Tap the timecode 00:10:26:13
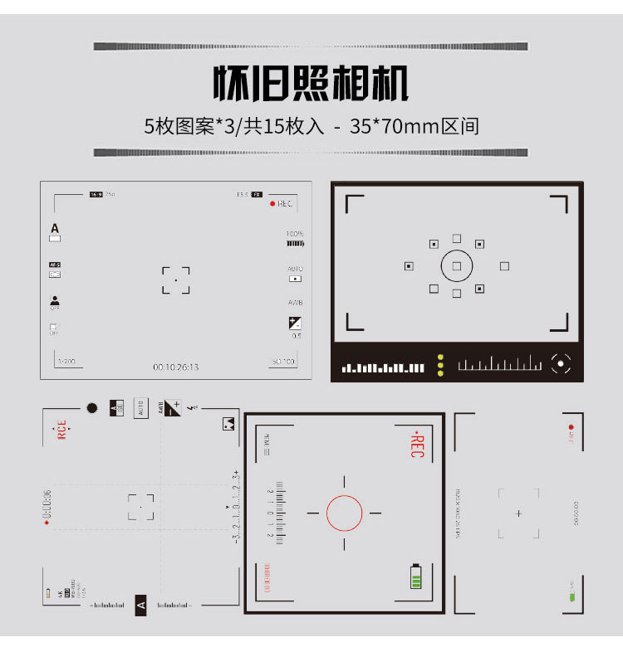tap(176, 367)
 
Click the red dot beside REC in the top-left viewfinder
tap(272, 203)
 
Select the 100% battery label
tap(295, 234)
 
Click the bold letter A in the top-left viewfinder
tap(55, 228)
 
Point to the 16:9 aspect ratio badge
tap(96, 194)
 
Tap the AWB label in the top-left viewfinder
tap(295, 303)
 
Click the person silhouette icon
tap(55, 300)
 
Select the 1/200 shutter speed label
tap(66, 362)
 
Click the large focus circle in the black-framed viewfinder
tap(457, 266)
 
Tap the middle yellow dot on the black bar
tap(439, 366)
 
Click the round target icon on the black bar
tap(562, 363)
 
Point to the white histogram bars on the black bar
tap(383, 367)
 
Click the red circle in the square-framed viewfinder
tap(344, 513)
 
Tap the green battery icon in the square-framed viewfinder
tap(416, 576)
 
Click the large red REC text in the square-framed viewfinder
tap(416, 445)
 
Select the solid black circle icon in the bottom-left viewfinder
tap(92, 408)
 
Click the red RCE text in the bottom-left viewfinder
tap(61, 431)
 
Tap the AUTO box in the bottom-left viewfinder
tap(140, 408)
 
